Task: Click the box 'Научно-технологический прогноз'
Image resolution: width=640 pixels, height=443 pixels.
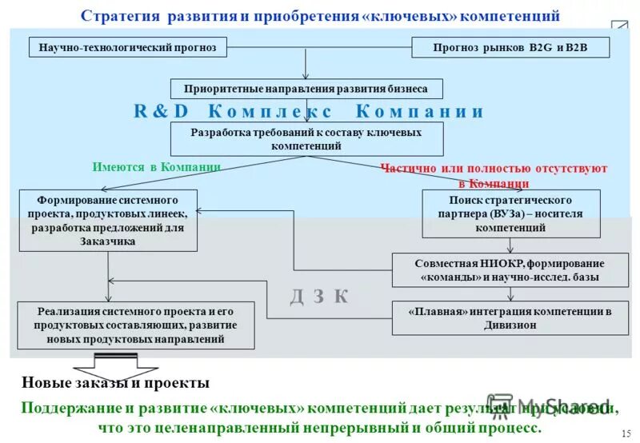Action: coord(128,47)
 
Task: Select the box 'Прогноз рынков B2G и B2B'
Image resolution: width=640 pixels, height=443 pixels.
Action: coord(510,47)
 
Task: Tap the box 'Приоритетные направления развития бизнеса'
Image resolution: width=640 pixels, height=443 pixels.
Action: coord(306,89)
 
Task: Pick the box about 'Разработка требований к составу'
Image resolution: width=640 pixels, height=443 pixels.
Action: coord(306,139)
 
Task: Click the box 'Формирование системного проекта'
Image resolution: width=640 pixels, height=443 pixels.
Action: coord(108,220)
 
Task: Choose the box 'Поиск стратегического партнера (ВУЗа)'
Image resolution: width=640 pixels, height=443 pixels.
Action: coord(510,214)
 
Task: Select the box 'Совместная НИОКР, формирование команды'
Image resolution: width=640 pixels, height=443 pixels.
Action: coord(509,270)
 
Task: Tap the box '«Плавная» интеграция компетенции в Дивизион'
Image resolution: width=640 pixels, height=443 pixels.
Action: coord(509,317)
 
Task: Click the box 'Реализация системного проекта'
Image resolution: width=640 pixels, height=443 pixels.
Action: coord(136,325)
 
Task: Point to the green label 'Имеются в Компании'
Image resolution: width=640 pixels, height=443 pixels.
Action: coord(156,166)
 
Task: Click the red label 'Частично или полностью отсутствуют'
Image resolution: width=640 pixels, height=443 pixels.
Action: coord(494,169)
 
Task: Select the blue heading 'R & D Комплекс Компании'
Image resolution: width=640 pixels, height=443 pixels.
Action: coord(309,111)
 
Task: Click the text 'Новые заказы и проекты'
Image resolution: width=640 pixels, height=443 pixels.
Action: coord(115,383)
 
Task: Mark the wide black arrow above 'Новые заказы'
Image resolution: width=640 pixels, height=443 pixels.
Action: coord(115,361)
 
